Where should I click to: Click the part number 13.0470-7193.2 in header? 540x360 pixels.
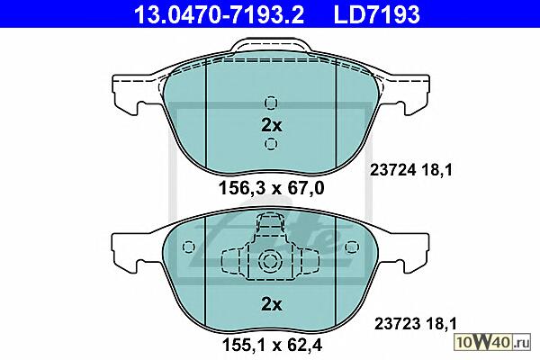(219, 14)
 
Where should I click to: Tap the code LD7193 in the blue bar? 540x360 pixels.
(377, 14)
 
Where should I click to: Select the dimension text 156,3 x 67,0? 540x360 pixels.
(272, 188)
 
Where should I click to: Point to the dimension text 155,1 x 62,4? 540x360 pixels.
(272, 345)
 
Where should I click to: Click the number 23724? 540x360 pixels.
(391, 170)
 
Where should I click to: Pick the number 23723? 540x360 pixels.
(397, 324)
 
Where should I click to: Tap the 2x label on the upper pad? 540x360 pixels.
(272, 125)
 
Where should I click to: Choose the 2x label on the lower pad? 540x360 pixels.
(272, 304)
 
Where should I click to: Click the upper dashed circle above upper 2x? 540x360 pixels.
(271, 103)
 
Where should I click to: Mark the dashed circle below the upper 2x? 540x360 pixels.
(271, 143)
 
